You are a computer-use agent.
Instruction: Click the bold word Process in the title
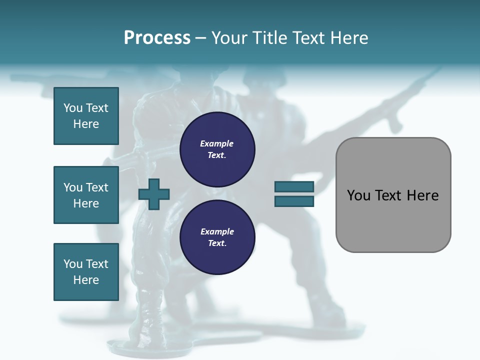(x=157, y=38)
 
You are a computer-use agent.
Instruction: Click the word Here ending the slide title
(x=350, y=38)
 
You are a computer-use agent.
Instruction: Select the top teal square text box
(x=86, y=116)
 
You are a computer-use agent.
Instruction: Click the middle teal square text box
(x=86, y=195)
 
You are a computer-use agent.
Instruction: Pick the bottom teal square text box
(x=86, y=271)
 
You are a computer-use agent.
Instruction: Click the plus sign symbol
(x=154, y=194)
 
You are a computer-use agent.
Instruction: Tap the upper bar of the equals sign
(x=294, y=186)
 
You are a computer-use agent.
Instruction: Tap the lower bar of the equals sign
(x=294, y=201)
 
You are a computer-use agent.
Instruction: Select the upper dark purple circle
(x=217, y=149)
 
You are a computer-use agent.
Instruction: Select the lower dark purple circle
(x=217, y=237)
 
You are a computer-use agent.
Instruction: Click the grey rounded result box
(x=393, y=194)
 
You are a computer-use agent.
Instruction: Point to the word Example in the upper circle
(x=216, y=143)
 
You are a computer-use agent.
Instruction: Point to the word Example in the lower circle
(x=216, y=231)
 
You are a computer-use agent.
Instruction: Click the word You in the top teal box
(x=72, y=108)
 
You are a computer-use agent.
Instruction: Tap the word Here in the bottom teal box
(x=86, y=280)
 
